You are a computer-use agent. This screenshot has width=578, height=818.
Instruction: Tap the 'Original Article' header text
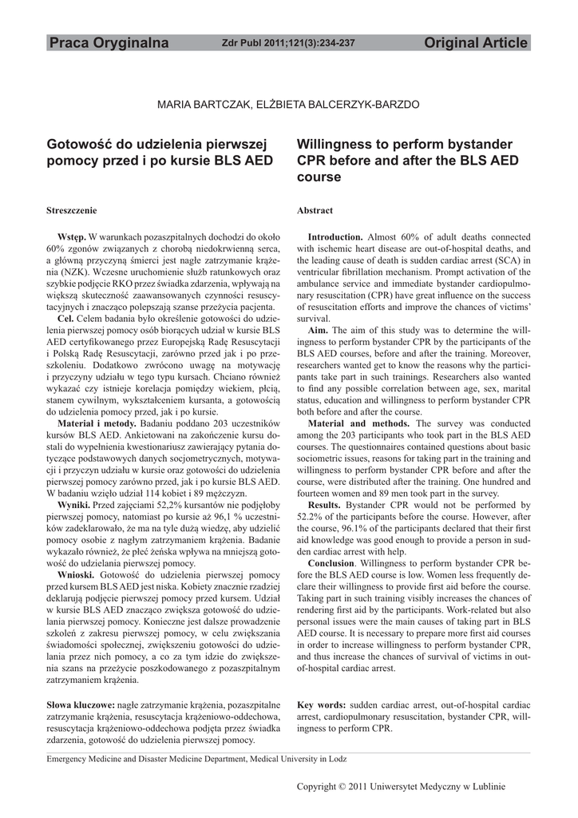(x=477, y=43)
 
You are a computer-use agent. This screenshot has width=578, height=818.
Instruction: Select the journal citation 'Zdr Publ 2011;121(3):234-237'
(x=287, y=43)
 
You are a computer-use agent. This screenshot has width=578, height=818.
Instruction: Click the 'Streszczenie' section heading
(x=72, y=210)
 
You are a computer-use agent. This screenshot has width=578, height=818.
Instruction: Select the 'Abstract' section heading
(x=315, y=210)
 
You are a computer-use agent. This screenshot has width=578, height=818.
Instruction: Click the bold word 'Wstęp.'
(x=71, y=237)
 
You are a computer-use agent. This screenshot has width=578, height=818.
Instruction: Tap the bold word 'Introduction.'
(x=335, y=237)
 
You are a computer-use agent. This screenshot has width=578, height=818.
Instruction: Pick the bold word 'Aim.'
(x=318, y=329)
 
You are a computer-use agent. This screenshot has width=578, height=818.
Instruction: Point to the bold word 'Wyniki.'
(x=74, y=506)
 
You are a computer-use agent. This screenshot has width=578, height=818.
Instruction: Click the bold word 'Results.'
(x=324, y=506)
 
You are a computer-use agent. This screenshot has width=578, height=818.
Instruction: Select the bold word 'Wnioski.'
(x=76, y=575)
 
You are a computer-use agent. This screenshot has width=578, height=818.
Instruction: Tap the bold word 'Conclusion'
(x=331, y=563)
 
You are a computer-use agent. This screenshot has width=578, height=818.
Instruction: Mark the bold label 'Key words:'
(x=321, y=705)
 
